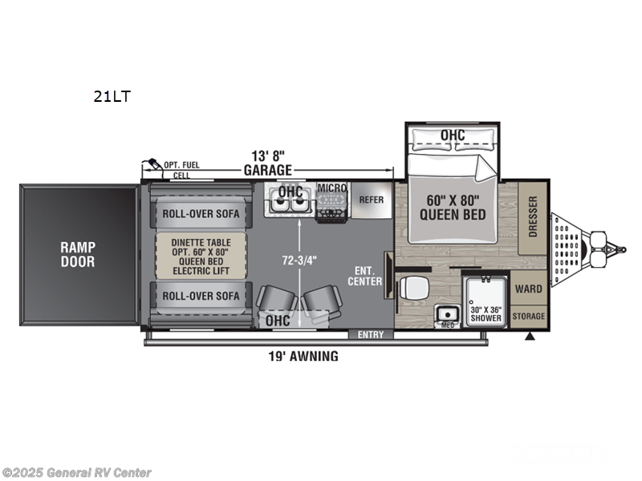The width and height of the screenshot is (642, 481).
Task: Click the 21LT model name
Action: click(x=111, y=98)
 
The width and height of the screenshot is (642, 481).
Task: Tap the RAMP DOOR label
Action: click(x=77, y=254)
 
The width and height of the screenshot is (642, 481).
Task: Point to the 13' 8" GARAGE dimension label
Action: click(x=268, y=164)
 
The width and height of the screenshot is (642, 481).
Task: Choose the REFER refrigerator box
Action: click(x=372, y=200)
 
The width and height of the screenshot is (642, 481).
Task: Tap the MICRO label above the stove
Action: click(x=331, y=188)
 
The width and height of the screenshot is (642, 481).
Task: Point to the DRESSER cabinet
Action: click(x=533, y=216)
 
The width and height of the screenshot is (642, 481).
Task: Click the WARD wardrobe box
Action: click(x=528, y=289)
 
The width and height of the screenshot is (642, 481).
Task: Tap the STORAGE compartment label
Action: click(x=528, y=317)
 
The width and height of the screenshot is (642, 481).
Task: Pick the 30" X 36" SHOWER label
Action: click(x=486, y=313)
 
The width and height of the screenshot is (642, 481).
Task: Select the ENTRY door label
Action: click(x=371, y=334)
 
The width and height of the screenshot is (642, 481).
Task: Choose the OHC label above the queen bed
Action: click(x=453, y=135)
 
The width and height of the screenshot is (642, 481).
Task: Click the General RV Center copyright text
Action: click(x=76, y=473)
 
